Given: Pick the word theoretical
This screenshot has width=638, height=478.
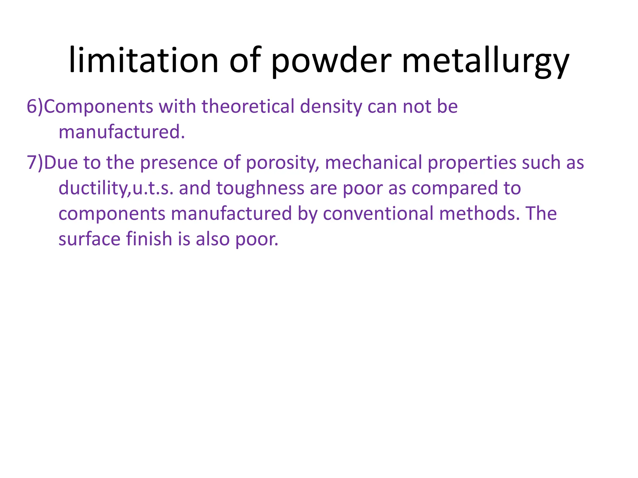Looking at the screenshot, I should (x=248, y=106).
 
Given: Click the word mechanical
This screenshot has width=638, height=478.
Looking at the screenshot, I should (x=374, y=163).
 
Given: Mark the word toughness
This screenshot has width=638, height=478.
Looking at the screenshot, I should (x=260, y=188).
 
